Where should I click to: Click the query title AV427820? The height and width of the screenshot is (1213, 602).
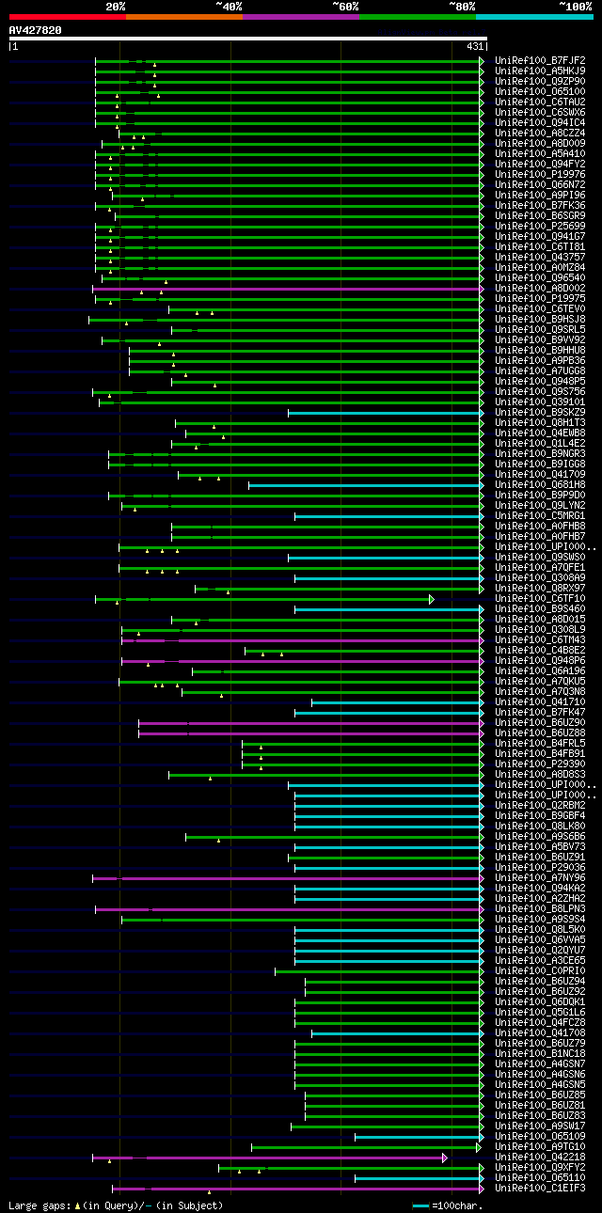coord(35,30)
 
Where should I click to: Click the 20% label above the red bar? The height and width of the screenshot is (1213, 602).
coord(116,6)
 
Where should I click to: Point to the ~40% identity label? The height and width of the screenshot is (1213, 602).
coord(229,6)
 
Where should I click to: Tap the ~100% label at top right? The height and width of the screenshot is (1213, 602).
coord(575,6)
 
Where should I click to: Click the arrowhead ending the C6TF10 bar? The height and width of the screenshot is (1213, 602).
coord(432,599)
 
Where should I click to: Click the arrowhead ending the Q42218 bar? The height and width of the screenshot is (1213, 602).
coord(445,1158)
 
